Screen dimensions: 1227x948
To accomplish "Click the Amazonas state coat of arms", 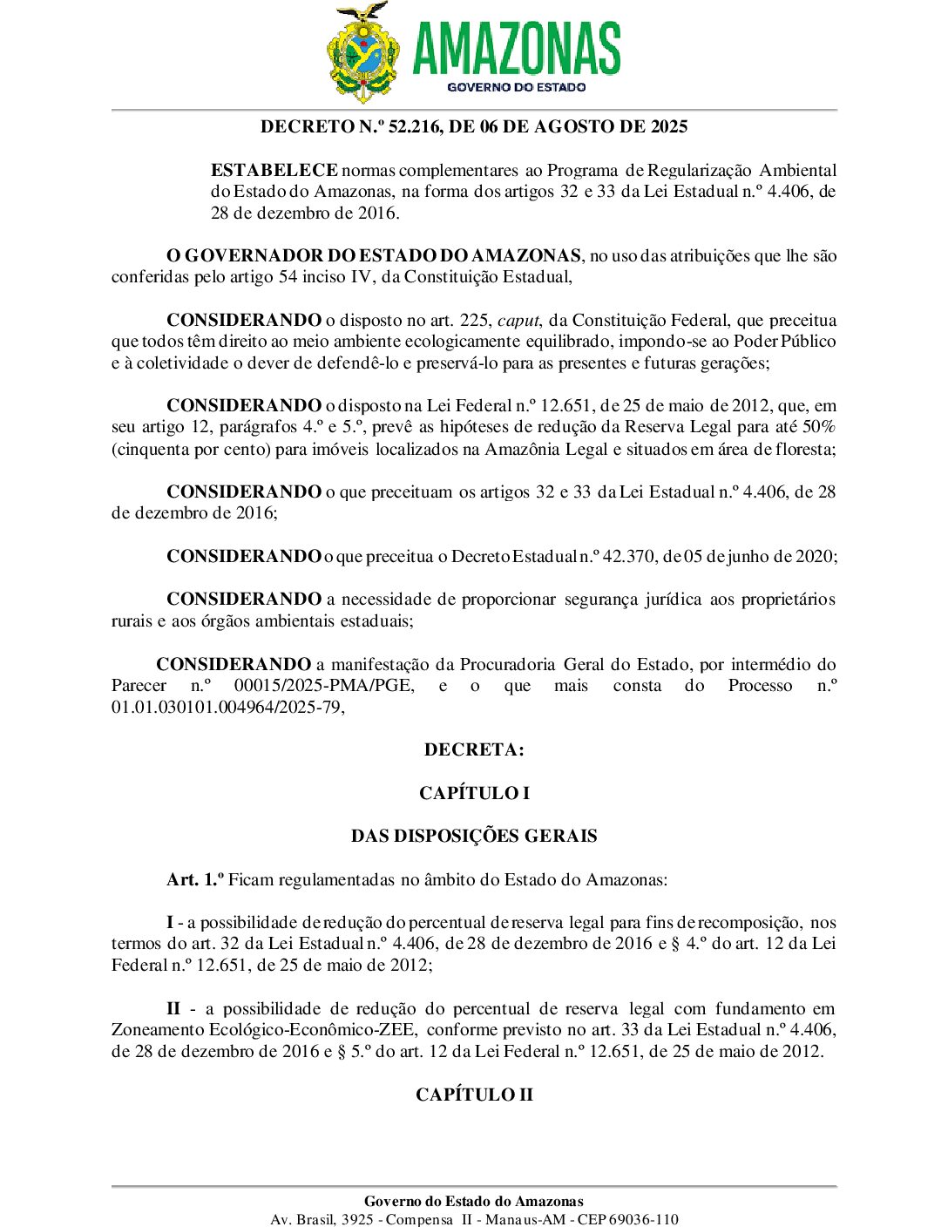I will (x=364, y=52).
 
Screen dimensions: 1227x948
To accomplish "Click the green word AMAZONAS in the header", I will (x=516, y=49).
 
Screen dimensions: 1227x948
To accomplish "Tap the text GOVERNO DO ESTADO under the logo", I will (x=516, y=87).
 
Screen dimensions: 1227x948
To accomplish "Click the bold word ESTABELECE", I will (x=274, y=171).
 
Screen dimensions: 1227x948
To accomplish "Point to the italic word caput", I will (x=518, y=321).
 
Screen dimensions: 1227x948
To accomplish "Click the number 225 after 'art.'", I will (x=475, y=321).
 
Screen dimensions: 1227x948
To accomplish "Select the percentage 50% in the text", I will (x=819, y=427).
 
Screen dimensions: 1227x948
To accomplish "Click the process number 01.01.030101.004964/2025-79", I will (x=226, y=708).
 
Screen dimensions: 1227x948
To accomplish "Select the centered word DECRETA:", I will (x=474, y=750).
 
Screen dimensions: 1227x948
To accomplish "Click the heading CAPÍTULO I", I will (x=474, y=794).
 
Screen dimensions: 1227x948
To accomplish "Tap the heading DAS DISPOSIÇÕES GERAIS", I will (x=474, y=837).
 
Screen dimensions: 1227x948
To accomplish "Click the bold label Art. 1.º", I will (x=195, y=880).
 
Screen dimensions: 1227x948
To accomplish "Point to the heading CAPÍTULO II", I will (x=474, y=1095).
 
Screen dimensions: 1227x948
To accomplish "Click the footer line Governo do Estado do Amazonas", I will (x=474, y=1202).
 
